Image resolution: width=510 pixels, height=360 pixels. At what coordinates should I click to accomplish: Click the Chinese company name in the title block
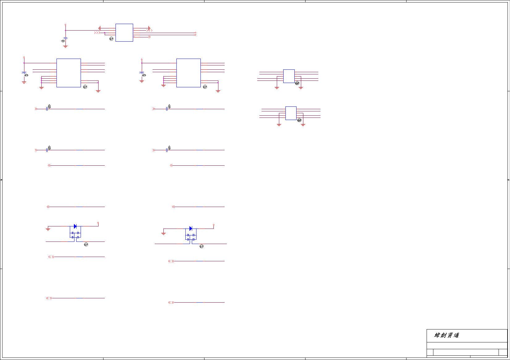pos(447,335)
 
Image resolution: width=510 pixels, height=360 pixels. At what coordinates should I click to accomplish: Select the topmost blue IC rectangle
pos(124,33)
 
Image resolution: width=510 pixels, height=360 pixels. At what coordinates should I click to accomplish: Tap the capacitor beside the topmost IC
pos(65,38)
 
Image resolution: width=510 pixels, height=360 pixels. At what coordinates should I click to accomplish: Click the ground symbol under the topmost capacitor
pos(65,46)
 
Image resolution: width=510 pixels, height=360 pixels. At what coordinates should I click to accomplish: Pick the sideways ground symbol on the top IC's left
pos(99,28)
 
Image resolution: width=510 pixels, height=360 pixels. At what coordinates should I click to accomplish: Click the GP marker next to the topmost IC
pos(112,39)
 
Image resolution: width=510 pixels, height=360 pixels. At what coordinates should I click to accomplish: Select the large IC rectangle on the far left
pos(69,73)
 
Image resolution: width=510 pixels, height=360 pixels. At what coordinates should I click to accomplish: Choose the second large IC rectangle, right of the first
pos(188,73)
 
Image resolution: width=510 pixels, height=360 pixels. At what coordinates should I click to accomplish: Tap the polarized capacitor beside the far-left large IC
pos(24,73)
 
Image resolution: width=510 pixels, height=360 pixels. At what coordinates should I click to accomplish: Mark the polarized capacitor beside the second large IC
pos(142,73)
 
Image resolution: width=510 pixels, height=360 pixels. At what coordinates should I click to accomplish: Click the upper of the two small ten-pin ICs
pos(289,76)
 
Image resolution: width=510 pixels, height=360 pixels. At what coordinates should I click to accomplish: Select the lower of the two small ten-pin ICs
pos(291,113)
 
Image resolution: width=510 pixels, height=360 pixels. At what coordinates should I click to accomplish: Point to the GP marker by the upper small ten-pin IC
pos(297,83)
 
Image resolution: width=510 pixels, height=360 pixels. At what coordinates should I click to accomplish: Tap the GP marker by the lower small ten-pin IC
pos(299,120)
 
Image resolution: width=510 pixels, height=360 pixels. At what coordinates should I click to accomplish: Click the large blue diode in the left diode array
pos(75,226)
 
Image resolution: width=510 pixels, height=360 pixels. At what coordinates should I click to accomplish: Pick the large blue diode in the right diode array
pos(191,229)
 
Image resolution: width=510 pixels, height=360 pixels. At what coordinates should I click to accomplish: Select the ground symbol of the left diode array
pos(48,229)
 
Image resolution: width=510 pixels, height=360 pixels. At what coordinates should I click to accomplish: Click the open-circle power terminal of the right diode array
pos(213,225)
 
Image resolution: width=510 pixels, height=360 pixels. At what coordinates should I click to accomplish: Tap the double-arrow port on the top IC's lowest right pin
pos(150,37)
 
